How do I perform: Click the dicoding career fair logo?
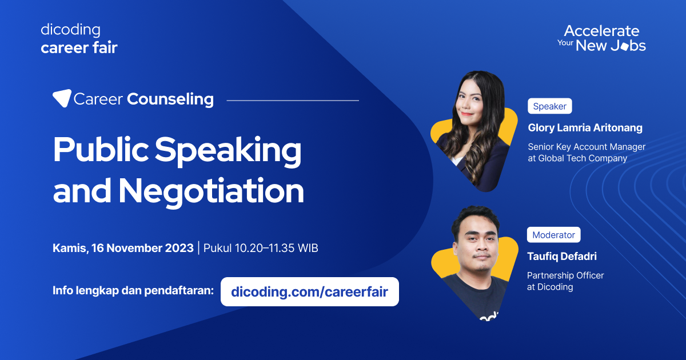(x=79, y=39)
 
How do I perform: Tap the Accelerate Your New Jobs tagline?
(x=601, y=38)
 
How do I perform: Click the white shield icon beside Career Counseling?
(x=62, y=98)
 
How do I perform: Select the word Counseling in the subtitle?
(x=170, y=99)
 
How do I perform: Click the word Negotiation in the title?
(x=211, y=191)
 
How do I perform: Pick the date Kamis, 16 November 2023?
(x=123, y=249)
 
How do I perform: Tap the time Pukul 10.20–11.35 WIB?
(x=261, y=249)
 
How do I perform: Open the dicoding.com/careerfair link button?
(x=309, y=292)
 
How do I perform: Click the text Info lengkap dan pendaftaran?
(x=133, y=290)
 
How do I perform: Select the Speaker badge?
(x=549, y=106)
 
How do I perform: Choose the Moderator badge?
(x=553, y=235)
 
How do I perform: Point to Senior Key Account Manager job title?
(x=587, y=147)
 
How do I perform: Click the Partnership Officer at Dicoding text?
(x=565, y=281)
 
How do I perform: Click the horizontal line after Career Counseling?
(x=293, y=101)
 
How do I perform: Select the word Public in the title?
(x=99, y=151)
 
